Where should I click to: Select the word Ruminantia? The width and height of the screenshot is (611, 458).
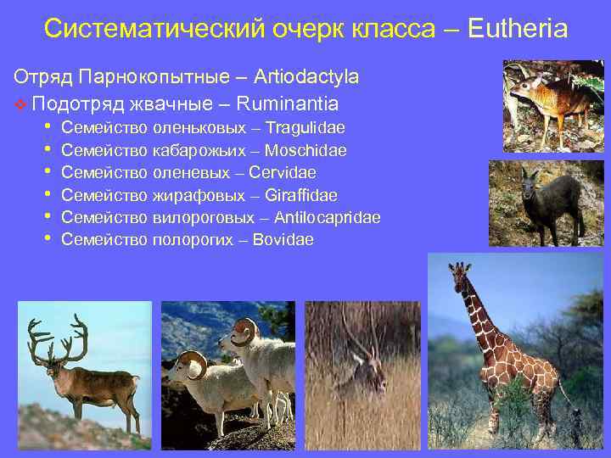(x=288, y=104)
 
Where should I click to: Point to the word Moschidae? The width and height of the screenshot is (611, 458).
(x=305, y=150)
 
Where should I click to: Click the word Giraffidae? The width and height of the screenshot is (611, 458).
(x=301, y=195)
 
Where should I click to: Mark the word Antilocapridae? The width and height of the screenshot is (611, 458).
(x=327, y=218)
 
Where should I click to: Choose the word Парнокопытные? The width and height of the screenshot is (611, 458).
(x=152, y=77)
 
